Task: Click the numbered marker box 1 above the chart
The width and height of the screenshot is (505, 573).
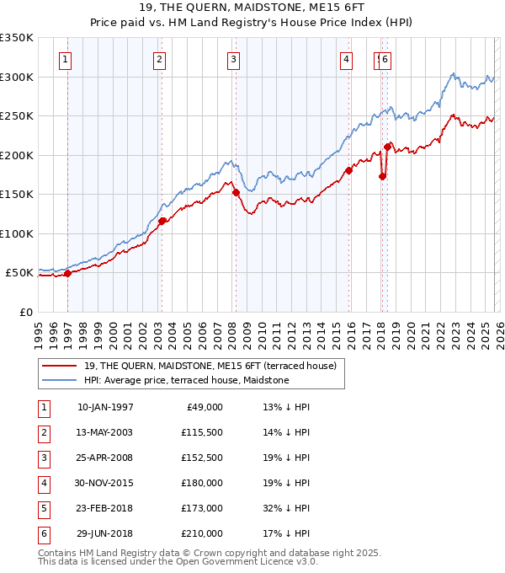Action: pos(66,59)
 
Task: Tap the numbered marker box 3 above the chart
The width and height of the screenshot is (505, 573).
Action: pos(233,59)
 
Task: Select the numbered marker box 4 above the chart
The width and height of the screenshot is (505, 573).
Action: pos(346,59)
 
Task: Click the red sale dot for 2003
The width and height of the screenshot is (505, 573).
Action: pos(162,222)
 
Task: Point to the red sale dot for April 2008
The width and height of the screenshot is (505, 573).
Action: pos(236,192)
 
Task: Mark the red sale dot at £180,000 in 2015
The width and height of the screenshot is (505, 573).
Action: pos(348,170)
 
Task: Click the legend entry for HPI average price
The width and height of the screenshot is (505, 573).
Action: pos(186,381)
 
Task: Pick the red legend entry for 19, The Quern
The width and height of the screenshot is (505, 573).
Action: pos(210,366)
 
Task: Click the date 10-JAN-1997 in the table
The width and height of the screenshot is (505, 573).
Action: pos(105,407)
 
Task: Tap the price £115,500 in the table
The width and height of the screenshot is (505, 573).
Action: pos(201,432)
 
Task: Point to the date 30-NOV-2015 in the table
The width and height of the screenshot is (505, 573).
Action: pos(105,484)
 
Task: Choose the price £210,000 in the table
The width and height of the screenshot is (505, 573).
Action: pos(201,534)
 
